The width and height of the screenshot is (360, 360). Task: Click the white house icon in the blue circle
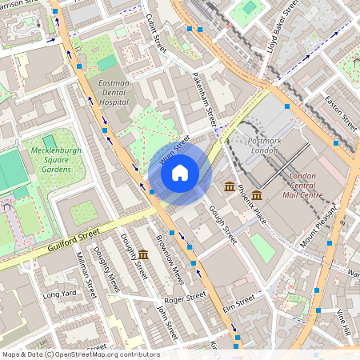point(180,173)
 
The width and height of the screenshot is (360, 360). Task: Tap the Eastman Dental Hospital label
point(113,92)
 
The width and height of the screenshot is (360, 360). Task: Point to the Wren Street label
point(174,149)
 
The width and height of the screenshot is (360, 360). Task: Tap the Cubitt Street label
point(157,33)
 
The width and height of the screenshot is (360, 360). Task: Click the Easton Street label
point(341,113)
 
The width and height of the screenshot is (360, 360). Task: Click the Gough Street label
point(223,223)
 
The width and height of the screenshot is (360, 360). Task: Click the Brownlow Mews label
point(170,261)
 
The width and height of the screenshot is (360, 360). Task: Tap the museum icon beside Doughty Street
point(142,255)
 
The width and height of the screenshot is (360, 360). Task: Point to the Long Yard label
point(58,294)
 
